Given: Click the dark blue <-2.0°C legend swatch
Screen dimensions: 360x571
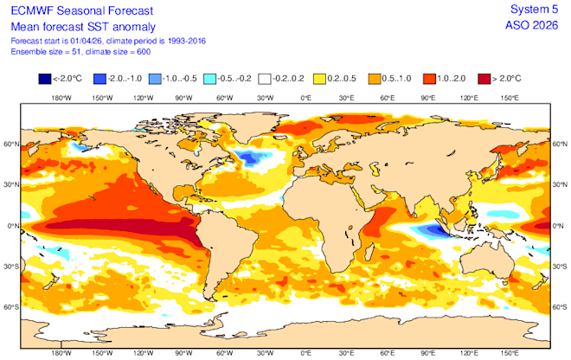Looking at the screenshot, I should point(44,80).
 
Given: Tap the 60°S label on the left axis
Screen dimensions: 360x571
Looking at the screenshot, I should point(9,306).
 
